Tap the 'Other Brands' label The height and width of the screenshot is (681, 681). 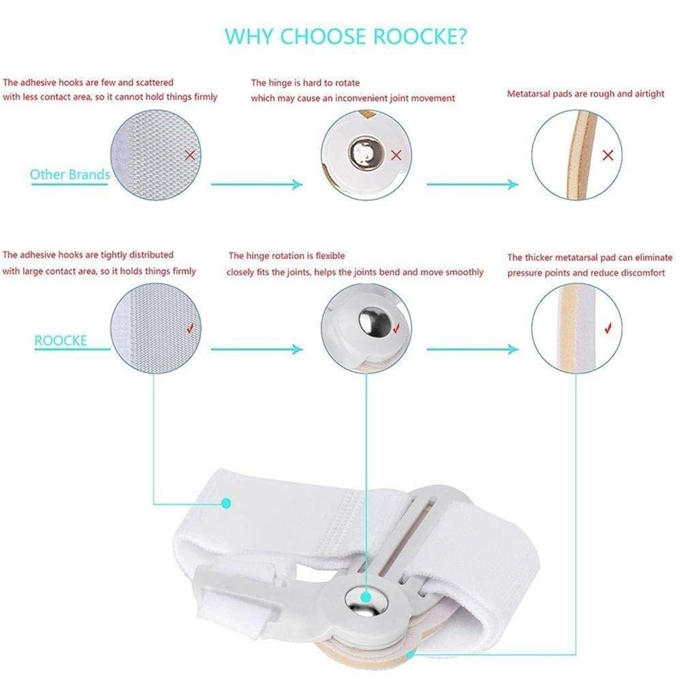70,174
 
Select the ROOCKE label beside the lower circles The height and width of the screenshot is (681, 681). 61,340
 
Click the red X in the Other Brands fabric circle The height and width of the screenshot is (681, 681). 190,155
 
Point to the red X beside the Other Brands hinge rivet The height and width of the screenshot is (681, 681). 396,155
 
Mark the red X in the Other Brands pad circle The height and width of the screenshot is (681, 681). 608,155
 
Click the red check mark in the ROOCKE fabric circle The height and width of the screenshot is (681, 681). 190,328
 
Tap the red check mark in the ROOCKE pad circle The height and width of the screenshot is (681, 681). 608,328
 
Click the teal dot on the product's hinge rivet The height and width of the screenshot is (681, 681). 366,597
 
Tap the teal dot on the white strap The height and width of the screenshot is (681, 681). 226,503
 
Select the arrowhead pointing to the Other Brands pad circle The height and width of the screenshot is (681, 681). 513,184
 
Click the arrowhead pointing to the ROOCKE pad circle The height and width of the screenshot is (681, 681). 513,349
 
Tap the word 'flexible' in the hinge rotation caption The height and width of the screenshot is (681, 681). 330,256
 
